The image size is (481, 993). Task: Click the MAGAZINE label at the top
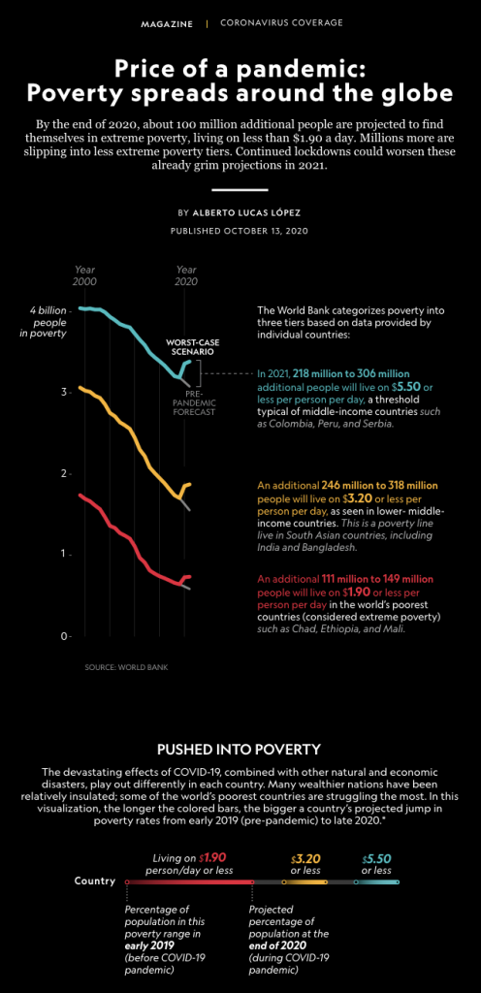pos(166,22)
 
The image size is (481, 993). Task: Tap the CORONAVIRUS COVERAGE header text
pos(281,22)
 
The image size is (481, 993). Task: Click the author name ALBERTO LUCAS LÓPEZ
pos(253,211)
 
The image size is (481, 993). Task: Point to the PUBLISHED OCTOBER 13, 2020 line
pos(240,232)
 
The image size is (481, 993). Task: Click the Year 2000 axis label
pos(84,274)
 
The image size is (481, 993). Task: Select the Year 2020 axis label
pos(185,274)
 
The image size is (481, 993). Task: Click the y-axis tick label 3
pos(63,393)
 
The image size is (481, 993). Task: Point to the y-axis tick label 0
pos(63,636)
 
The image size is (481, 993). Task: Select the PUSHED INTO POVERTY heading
pos(240,749)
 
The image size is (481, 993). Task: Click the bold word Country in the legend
pos(94,881)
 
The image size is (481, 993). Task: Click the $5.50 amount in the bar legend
pos(377,858)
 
